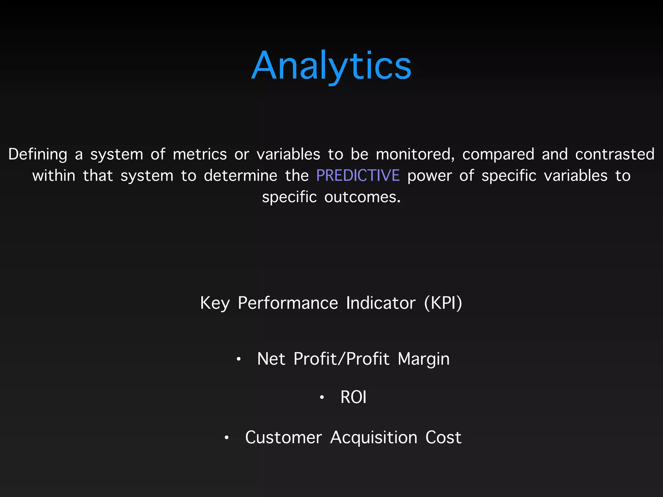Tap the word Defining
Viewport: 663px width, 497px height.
point(38,154)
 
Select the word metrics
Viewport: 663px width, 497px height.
point(200,154)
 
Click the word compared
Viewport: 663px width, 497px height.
point(498,154)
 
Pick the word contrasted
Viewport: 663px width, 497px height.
point(614,154)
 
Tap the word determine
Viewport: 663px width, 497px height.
point(241,176)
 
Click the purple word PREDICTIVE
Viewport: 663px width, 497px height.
point(358,176)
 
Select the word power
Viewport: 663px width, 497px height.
point(429,176)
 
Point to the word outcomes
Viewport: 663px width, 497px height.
point(362,197)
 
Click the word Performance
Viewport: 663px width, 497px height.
point(288,303)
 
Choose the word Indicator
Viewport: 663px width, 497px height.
point(380,303)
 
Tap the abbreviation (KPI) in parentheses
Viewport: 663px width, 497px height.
point(443,303)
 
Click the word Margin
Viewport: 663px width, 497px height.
point(423,359)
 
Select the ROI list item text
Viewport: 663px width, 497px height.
point(353,397)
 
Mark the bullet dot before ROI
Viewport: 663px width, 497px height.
point(322,397)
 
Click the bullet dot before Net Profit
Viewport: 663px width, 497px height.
point(239,359)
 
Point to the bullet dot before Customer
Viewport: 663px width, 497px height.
point(227,438)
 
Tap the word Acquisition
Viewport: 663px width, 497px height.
point(374,438)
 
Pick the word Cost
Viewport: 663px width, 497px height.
point(443,438)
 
